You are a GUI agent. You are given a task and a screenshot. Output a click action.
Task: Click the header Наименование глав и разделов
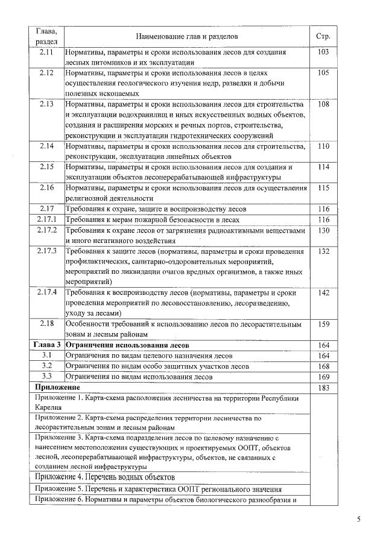(x=188, y=37)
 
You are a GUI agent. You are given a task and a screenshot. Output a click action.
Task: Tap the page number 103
(x=323, y=53)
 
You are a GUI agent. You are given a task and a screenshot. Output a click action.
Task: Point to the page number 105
(x=323, y=73)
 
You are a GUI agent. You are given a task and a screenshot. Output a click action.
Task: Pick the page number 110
(x=323, y=146)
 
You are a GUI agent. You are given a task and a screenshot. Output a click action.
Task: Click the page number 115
(x=323, y=188)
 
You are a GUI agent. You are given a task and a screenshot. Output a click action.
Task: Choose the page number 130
(x=323, y=230)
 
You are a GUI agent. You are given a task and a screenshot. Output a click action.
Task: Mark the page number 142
(x=323, y=293)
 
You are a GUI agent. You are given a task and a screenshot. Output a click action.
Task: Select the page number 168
(x=323, y=366)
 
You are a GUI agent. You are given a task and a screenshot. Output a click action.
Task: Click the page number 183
(x=323, y=387)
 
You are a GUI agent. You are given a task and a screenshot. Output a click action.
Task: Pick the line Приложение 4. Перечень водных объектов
(x=105, y=477)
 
